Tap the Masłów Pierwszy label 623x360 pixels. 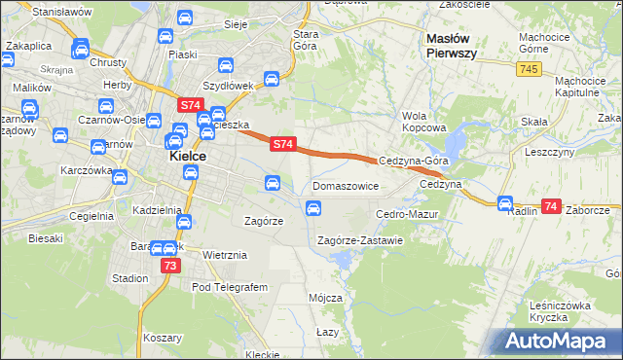point(452,46)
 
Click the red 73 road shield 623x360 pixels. point(170,266)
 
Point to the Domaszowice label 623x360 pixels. point(346,185)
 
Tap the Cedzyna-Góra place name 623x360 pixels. point(413,161)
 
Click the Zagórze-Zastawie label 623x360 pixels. point(360,239)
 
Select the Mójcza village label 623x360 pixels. point(325,297)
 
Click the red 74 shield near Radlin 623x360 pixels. point(552,206)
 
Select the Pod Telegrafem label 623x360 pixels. point(229,288)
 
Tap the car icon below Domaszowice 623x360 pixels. point(313,207)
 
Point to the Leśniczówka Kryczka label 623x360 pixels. point(562,311)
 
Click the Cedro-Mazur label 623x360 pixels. point(408,213)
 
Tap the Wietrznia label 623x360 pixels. point(225,255)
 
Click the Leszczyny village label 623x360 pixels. point(548,152)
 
